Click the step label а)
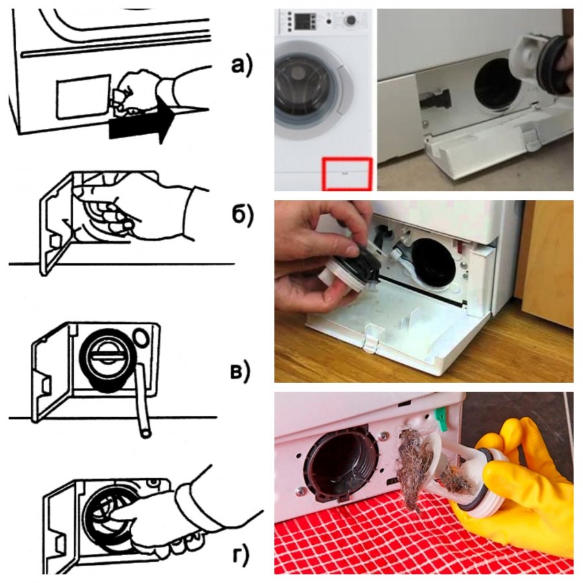(x=242, y=66)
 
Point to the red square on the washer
(x=347, y=174)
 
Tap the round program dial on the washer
(x=350, y=21)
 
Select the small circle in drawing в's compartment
(x=141, y=337)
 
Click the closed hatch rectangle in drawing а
(x=84, y=97)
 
